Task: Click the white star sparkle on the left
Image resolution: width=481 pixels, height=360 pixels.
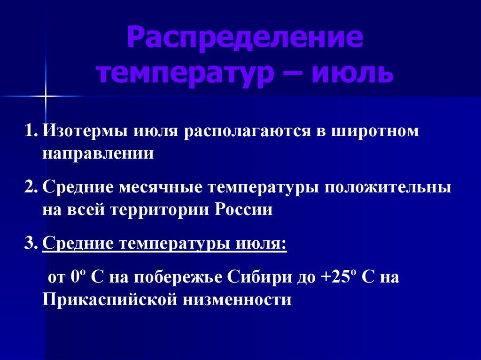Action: (x=46, y=96)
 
